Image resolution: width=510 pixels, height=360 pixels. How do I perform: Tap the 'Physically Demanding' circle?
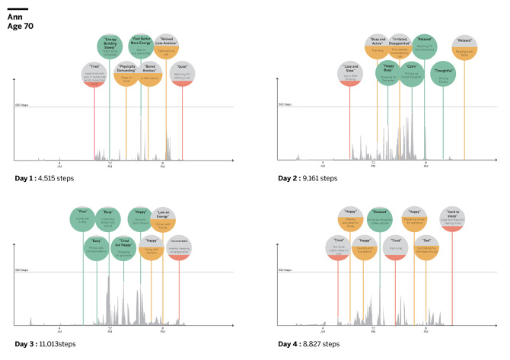tap(126, 73)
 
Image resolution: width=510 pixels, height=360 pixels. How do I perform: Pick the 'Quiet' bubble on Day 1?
tap(182, 74)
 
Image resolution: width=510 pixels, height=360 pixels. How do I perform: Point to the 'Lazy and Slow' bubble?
tap(349, 73)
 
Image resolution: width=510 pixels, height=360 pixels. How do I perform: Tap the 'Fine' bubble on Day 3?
tap(84, 218)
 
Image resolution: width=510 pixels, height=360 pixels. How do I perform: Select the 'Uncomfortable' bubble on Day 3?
tap(179, 247)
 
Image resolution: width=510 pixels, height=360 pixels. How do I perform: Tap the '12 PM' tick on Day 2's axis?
tap(373, 164)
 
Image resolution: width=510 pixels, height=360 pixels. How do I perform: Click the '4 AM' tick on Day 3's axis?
tap(59, 331)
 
